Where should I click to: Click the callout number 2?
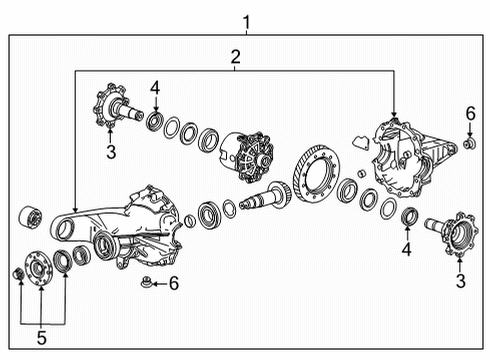(235, 57)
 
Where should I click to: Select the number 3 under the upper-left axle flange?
(111, 153)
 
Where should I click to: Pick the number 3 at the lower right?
(460, 284)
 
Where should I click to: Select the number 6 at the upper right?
(470, 116)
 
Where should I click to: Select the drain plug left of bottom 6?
(147, 286)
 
